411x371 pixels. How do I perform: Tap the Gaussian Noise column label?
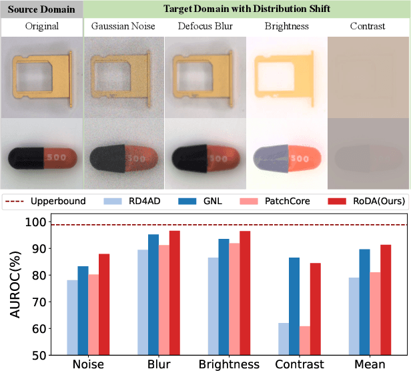pos(123,27)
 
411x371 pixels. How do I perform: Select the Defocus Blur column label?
pos(205,27)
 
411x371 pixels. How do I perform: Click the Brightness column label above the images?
pos(286,27)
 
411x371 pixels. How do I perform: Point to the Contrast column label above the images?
pos(368,27)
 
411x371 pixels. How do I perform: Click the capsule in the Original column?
pos(41,159)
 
